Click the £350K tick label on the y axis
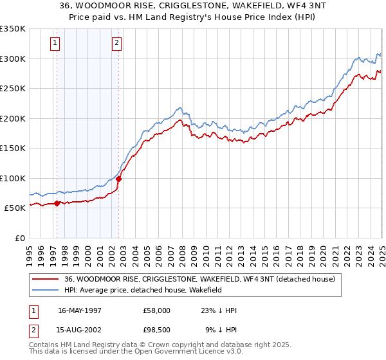click(x=12, y=29)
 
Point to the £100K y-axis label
click(x=12, y=178)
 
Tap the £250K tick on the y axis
click(x=12, y=89)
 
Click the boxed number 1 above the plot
click(x=55, y=44)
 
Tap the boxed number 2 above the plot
click(x=116, y=44)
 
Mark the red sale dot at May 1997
click(x=57, y=203)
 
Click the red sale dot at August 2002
click(x=118, y=179)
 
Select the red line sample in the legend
click(x=46, y=280)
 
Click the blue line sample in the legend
click(x=46, y=291)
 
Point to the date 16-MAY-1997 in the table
click(x=80, y=310)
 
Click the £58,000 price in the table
click(x=156, y=310)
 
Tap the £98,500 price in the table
click(x=156, y=331)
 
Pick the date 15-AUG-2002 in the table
click(x=80, y=331)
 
